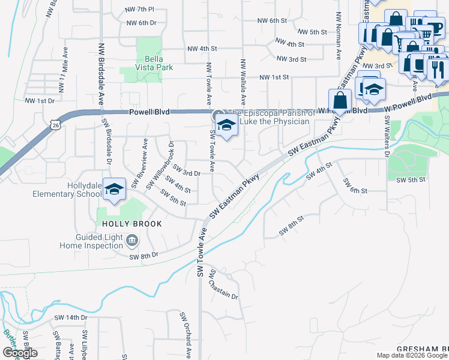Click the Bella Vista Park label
(150, 63)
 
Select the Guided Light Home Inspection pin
(133, 241)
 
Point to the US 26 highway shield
(56, 125)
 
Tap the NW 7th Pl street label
(139, 10)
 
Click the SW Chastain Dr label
(223, 285)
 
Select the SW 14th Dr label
(71, 317)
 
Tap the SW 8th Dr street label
(143, 255)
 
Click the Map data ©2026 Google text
(412, 355)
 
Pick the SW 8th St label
(292, 228)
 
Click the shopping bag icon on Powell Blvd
(340, 101)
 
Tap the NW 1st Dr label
(40, 101)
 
